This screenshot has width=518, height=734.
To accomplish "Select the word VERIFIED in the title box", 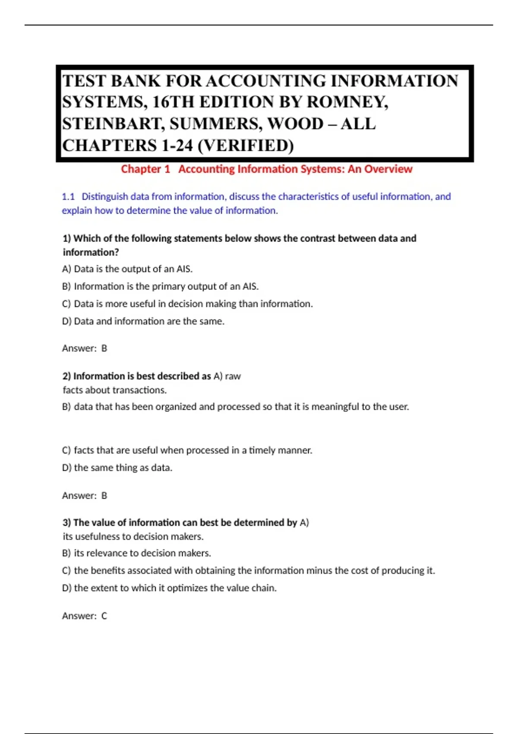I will click(x=245, y=146).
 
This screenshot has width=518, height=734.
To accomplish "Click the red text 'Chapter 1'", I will click(x=145, y=169).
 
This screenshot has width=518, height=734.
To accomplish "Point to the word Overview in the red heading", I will click(x=388, y=169).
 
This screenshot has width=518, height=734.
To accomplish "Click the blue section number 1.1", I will click(x=68, y=197).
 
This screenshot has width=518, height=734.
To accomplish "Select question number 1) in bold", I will click(x=67, y=238).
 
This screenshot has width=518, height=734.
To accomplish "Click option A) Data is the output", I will click(x=127, y=269).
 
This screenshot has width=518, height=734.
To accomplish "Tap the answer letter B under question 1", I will click(x=104, y=348).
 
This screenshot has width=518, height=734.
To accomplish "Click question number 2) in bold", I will click(x=67, y=376).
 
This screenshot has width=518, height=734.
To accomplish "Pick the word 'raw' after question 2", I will click(x=233, y=376).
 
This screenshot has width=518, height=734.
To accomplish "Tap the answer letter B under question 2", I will click(x=104, y=496).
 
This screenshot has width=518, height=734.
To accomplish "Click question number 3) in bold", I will click(x=67, y=522).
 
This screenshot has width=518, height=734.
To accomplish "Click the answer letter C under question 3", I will click(x=104, y=616).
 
